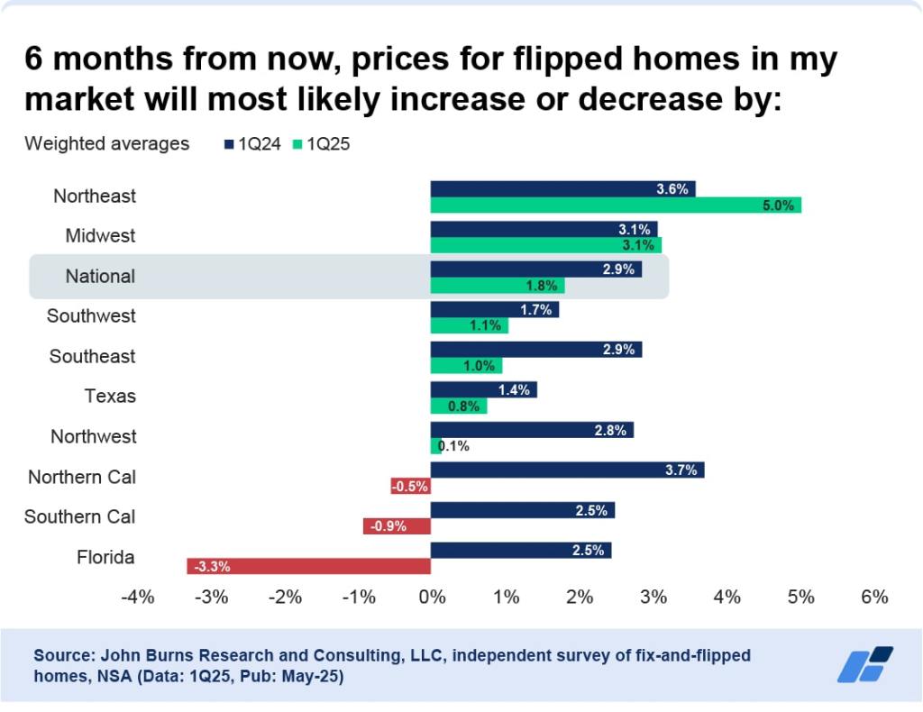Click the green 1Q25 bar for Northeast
click(x=616, y=205)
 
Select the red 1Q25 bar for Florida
click(x=308, y=567)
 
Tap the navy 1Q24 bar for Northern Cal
click(x=567, y=470)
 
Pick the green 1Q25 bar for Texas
click(x=459, y=406)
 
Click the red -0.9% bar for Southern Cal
click(x=397, y=526)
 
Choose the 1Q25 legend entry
click(x=323, y=143)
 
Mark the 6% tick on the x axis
click(x=874, y=597)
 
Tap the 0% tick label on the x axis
click(x=432, y=597)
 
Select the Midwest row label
click(x=100, y=236)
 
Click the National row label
click(x=100, y=276)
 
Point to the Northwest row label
click(x=94, y=436)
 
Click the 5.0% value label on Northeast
click(x=778, y=205)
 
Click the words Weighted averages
click(x=106, y=143)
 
